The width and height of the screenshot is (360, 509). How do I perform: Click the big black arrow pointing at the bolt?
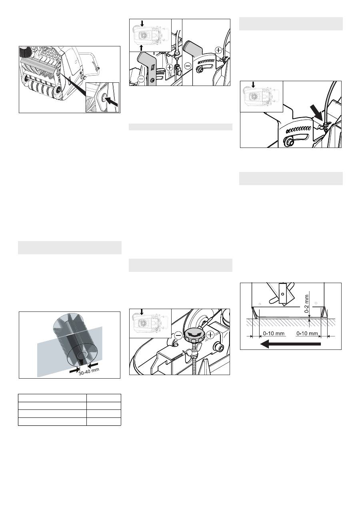112,102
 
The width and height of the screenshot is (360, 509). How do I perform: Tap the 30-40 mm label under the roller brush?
89,371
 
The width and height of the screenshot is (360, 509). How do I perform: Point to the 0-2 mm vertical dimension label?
307,304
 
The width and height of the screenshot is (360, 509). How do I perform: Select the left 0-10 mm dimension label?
274,333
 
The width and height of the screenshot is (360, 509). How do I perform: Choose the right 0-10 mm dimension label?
307,333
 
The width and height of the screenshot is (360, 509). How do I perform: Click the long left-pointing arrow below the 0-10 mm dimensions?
290,344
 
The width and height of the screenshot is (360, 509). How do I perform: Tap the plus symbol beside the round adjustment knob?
210,335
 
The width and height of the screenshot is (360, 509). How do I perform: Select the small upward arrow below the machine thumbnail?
141,48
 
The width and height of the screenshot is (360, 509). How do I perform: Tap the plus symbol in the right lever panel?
218,50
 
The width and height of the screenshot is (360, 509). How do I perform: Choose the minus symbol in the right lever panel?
188,66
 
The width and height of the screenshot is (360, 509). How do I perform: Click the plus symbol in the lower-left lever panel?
170,67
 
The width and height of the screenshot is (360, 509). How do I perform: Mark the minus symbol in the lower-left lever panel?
141,79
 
